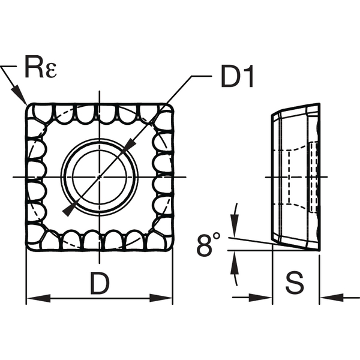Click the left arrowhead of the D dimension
click(34, 298)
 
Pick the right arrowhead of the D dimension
click(166, 298)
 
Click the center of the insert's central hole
click(100, 176)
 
